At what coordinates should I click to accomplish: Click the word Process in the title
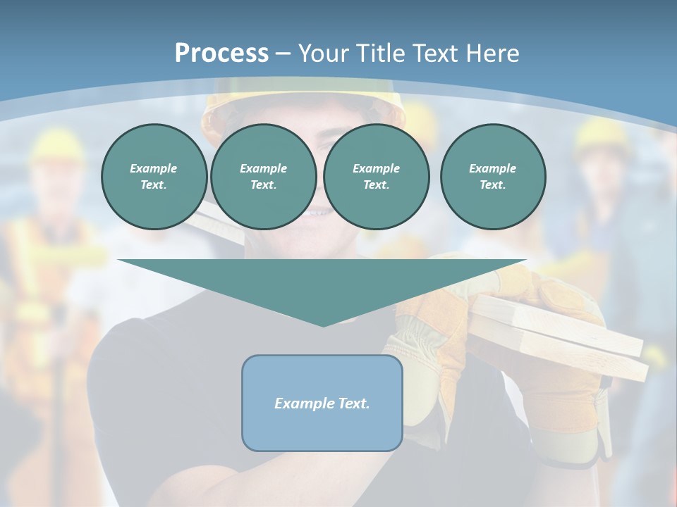pyautogui.click(x=221, y=53)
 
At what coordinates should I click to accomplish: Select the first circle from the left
pyautogui.click(x=154, y=177)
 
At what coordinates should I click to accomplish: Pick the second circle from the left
pyautogui.click(x=264, y=177)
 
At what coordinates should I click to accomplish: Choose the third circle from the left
pyautogui.click(x=377, y=177)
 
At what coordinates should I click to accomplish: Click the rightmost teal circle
pyautogui.click(x=493, y=177)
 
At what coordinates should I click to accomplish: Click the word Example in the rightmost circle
pyautogui.click(x=493, y=168)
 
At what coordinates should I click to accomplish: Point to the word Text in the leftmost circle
pyautogui.click(x=153, y=185)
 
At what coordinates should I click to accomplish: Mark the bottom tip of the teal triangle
pyautogui.click(x=323, y=325)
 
